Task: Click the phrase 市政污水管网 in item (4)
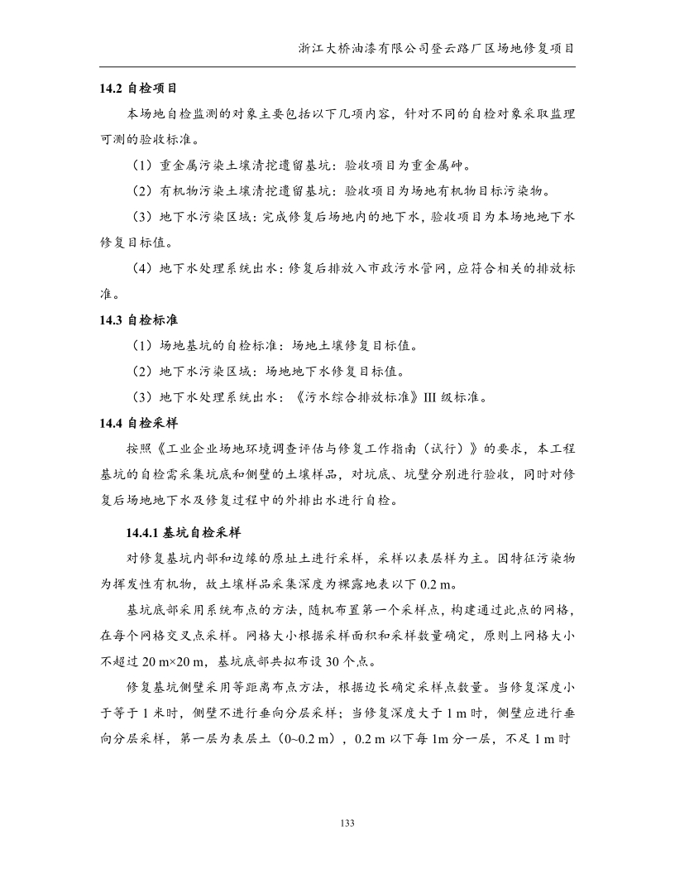(x=397, y=268)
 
